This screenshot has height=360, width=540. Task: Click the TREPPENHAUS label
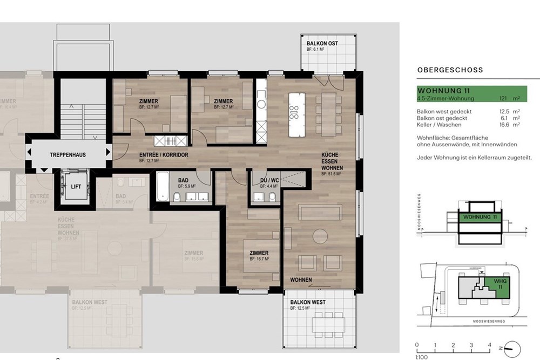coord(68,155)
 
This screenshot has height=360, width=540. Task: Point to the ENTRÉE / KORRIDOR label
coord(164,155)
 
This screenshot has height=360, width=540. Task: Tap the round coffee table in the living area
coord(322,236)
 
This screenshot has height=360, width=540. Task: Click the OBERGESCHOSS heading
coord(450,70)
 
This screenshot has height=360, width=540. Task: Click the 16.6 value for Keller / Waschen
coord(505,124)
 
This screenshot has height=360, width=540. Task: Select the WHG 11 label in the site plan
coord(492,284)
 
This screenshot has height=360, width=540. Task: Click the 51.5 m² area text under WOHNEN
coord(332,174)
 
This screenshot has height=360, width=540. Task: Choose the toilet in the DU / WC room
coord(273,196)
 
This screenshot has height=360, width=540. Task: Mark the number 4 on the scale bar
coord(489,345)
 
